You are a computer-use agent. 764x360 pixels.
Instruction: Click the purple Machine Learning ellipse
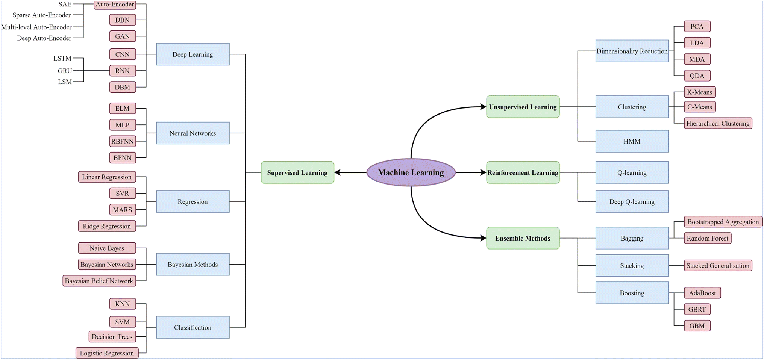tap(411, 172)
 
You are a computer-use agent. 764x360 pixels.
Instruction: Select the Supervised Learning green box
tap(297, 172)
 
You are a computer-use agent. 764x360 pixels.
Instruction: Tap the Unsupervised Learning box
tap(523, 107)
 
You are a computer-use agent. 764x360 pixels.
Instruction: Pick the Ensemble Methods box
tap(523, 238)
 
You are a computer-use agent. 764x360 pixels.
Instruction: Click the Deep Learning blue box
tap(193, 54)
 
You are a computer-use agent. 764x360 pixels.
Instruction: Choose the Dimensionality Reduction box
tap(632, 51)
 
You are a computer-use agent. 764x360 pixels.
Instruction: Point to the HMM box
tap(632, 141)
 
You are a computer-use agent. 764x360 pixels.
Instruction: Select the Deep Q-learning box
tap(632, 201)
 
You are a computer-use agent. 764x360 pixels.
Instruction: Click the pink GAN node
tap(123, 36)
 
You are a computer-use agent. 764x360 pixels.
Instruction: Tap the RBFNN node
tap(123, 141)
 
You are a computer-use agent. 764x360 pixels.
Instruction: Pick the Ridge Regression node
tap(107, 226)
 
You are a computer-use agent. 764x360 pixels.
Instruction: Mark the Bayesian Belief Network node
tap(99, 281)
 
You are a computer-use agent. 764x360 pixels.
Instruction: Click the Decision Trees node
tap(112, 337)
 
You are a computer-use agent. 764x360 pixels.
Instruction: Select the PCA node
tap(697, 27)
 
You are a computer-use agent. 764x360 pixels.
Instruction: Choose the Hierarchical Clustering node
tap(718, 123)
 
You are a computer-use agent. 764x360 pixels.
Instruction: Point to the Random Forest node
tap(708, 238)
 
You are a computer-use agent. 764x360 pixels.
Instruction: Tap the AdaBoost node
tap(702, 293)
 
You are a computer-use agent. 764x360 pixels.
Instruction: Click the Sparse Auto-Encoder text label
tap(41, 15)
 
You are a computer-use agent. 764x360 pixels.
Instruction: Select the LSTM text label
tap(62, 58)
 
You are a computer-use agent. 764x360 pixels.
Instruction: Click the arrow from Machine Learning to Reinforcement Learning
tap(471, 172)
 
